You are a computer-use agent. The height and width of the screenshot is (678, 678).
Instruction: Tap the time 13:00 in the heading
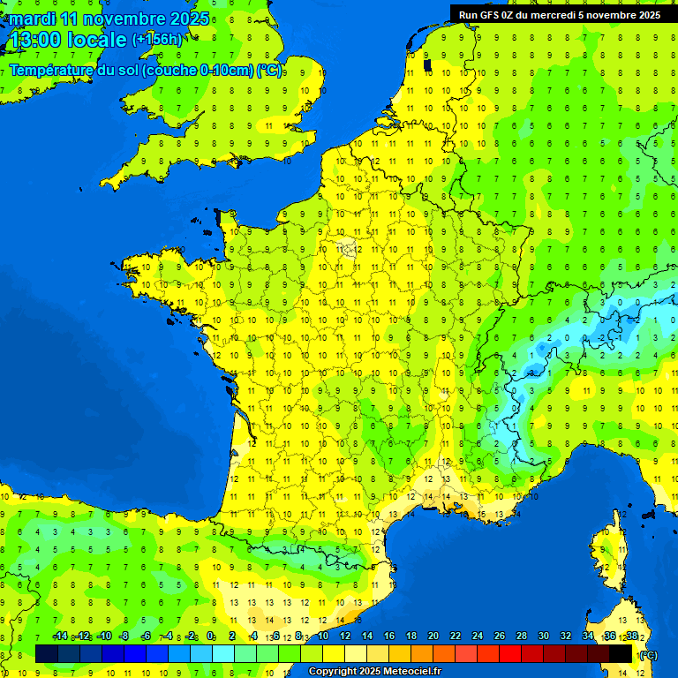pyautogui.click(x=34, y=40)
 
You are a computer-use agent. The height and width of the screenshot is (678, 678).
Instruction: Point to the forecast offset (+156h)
pyautogui.click(x=157, y=40)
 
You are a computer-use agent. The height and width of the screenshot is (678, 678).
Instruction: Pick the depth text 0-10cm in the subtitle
pyautogui.click(x=229, y=70)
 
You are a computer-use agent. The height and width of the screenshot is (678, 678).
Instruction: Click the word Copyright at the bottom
pyautogui.click(x=334, y=672)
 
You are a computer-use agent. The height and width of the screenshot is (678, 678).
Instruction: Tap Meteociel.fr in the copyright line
pyautogui.click(x=412, y=672)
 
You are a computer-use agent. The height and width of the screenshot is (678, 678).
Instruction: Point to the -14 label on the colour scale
pyautogui.click(x=60, y=636)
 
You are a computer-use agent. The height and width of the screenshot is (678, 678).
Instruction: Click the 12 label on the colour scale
pyautogui.click(x=345, y=636)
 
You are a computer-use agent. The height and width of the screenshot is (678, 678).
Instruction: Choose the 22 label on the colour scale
pyautogui.click(x=456, y=636)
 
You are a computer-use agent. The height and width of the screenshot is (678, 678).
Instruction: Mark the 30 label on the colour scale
pyautogui.click(x=544, y=636)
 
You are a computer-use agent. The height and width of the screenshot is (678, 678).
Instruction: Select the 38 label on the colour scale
pyautogui.click(x=631, y=636)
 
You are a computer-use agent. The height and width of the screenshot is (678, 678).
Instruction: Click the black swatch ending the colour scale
pyautogui.click(x=621, y=653)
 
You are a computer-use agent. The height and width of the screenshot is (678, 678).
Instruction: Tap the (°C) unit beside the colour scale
pyautogui.click(x=648, y=654)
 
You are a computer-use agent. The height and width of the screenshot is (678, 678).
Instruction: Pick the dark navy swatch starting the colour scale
pyautogui.click(x=47, y=653)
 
